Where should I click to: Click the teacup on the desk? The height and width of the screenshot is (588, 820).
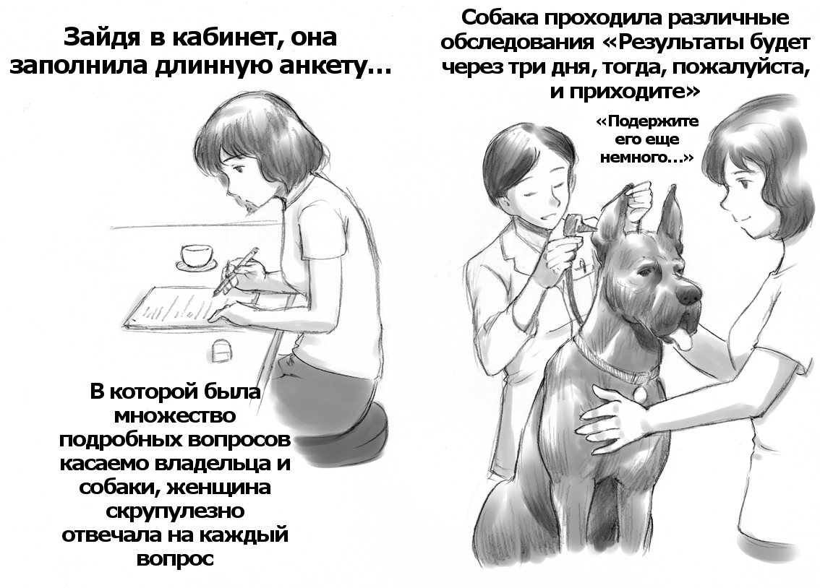195,256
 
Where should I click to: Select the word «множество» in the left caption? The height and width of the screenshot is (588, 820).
174,416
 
